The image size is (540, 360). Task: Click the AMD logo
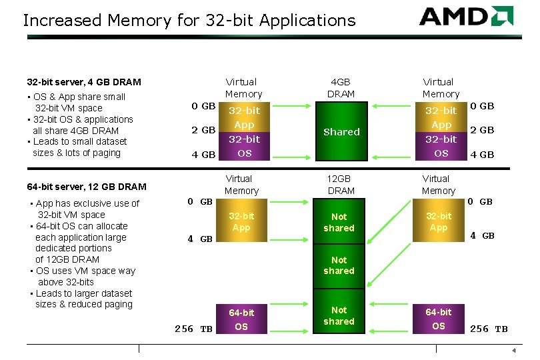[x=466, y=16]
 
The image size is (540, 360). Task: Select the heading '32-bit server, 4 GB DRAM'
[x=84, y=82]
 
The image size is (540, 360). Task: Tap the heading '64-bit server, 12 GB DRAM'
[x=86, y=187]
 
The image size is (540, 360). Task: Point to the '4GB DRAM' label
[x=341, y=88]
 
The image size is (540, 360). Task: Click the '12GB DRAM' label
[x=341, y=185]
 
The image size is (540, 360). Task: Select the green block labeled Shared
[x=341, y=132]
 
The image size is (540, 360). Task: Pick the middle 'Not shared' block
[x=339, y=265]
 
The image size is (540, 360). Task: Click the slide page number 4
[x=513, y=351]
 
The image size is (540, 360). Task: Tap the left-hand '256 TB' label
[x=193, y=329]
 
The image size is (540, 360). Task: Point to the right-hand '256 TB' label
[x=489, y=329]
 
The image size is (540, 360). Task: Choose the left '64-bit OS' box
[x=241, y=319]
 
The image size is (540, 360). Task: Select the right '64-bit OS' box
[x=438, y=319]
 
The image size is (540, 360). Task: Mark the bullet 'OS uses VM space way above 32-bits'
[x=83, y=276]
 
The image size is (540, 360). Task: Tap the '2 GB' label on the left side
[x=203, y=130]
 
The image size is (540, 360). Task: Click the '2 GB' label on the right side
[x=482, y=130]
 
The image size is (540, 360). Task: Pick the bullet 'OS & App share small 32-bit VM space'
[x=77, y=102]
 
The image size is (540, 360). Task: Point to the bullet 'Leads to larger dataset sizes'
[x=83, y=299]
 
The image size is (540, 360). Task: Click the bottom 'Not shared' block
[x=339, y=315]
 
